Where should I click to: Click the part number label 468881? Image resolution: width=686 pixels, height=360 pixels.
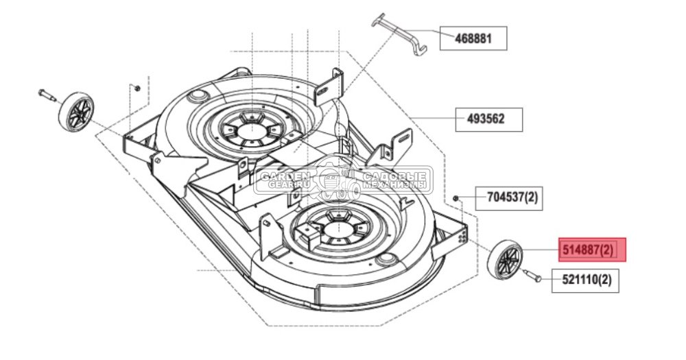(473, 39)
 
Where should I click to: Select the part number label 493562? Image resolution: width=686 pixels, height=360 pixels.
(489, 119)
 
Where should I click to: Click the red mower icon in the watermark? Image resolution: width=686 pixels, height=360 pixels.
(332, 180)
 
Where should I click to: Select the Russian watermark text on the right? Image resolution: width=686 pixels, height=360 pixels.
(394, 180)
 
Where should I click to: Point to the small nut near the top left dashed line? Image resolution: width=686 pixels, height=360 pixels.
(137, 88)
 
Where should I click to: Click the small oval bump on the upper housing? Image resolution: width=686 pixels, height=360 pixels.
(200, 93)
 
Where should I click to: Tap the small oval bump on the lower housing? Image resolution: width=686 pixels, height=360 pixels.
(387, 259)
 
